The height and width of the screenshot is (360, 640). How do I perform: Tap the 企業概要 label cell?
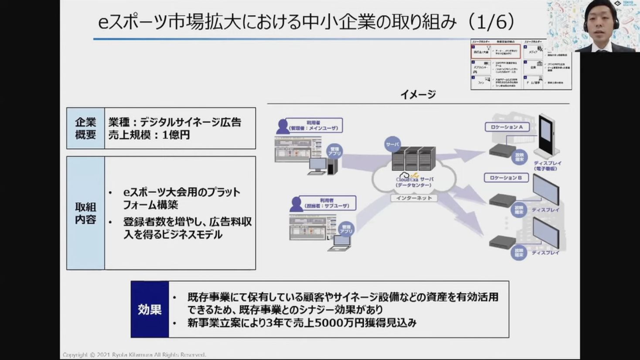(x=85, y=128)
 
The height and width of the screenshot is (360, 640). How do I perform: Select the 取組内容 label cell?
(x=85, y=213)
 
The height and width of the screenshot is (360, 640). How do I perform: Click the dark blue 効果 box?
(x=150, y=309)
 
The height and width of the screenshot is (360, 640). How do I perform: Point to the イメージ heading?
(x=418, y=94)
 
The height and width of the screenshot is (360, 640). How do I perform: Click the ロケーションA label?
(x=507, y=127)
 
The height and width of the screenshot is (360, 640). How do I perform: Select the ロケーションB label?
(x=506, y=178)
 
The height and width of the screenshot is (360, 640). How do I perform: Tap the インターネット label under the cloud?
(x=413, y=198)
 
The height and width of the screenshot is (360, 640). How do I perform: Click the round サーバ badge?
(x=392, y=144)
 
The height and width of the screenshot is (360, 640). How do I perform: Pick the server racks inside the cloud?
(x=413, y=159)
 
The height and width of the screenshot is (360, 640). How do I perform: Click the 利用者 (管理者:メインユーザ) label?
(x=313, y=126)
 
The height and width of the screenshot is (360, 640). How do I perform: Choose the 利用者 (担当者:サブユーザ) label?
(x=327, y=203)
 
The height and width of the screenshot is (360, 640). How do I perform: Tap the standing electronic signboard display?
(x=547, y=136)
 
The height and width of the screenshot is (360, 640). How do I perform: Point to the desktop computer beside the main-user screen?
(x=322, y=166)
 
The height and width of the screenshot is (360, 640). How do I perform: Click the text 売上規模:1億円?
(x=149, y=135)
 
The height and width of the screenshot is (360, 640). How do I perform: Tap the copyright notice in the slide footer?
(x=134, y=355)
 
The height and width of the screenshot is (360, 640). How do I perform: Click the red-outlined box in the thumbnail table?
(x=496, y=51)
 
